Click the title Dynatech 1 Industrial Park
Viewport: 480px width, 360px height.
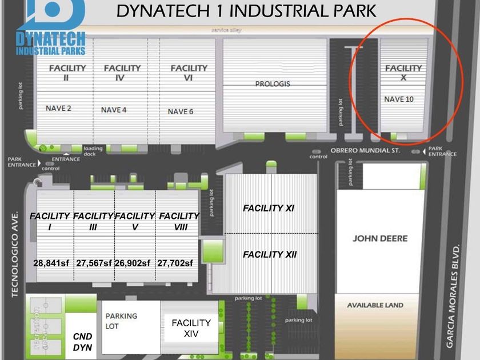pos(246,11)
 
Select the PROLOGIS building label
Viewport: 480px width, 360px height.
pos(273,84)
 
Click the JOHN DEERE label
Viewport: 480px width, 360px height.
pos(379,238)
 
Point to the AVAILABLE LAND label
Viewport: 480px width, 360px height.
pos(375,305)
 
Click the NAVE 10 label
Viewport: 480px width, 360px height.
pos(398,99)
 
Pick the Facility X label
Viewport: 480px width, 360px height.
pos(403,72)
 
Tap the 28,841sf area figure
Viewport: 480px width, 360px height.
pos(51,263)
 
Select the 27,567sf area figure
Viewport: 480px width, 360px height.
pos(94,263)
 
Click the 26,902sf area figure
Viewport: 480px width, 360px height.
pos(134,263)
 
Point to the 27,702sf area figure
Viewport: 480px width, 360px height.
pos(175,263)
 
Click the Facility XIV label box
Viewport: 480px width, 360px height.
pos(191,328)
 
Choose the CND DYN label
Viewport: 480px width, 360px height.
pos(82,342)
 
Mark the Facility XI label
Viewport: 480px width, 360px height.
pos(269,209)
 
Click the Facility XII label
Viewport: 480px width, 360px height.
pos(270,254)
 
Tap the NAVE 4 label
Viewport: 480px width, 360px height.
pos(114,110)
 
